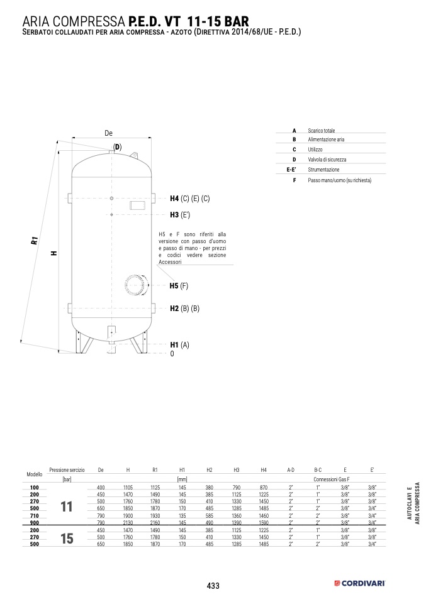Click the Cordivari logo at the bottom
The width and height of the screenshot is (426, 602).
click(x=359, y=584)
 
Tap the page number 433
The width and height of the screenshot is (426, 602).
click(x=213, y=586)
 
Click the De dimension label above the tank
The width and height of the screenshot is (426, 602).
click(x=108, y=133)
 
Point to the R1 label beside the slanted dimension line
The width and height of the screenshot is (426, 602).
click(x=35, y=241)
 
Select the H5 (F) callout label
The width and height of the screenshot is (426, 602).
click(x=179, y=286)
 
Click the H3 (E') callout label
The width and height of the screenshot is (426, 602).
click(x=180, y=215)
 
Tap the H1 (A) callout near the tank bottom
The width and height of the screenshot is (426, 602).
click(x=179, y=345)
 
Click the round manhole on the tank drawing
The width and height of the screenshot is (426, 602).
click(x=137, y=285)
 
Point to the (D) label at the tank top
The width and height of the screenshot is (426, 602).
click(x=117, y=147)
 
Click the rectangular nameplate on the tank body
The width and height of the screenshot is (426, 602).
click(x=137, y=205)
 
